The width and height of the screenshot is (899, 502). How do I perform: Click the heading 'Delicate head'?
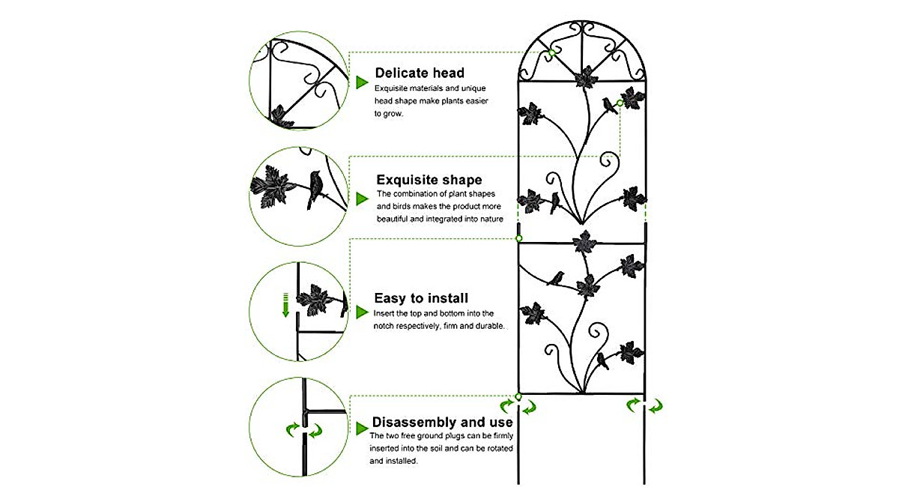click(420, 73)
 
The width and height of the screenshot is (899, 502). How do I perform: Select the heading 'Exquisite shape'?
click(429, 180)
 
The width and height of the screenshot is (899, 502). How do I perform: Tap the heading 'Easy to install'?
click(421, 298)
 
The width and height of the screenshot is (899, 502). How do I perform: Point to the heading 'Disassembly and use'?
click(442, 422)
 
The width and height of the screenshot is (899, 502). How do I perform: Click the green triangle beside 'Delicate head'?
click(362, 82)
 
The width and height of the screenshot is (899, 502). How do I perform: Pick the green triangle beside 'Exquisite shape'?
click(362, 198)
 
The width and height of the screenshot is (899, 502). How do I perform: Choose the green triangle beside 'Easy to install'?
click(362, 312)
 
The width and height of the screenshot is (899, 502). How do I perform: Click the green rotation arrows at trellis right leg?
click(644, 406)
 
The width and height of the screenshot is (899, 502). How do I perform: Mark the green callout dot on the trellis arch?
click(551, 52)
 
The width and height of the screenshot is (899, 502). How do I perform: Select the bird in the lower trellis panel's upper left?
click(555, 279)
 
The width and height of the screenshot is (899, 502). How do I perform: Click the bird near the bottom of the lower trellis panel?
click(602, 363)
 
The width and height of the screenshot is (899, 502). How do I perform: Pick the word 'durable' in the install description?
click(486, 327)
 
